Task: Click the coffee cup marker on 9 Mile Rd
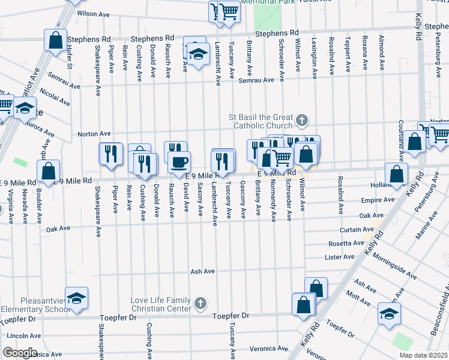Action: pyautogui.click(x=178, y=161)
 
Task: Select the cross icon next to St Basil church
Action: pyautogui.click(x=301, y=121)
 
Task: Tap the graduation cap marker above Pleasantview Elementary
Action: pyautogui.click(x=76, y=298)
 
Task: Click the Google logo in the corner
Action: pyautogui.click(x=19, y=352)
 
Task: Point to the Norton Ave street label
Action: pyautogui.click(x=94, y=133)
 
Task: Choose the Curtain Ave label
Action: pyautogui.click(x=358, y=230)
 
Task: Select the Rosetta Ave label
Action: pyautogui.click(x=346, y=244)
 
